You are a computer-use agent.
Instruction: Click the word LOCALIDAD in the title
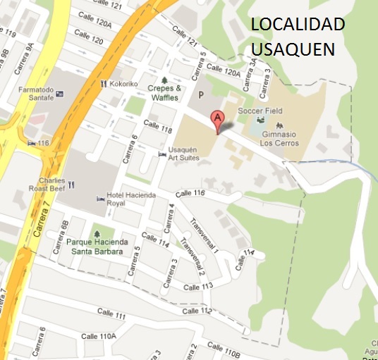click(x=298, y=25)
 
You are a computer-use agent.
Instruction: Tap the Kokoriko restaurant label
click(x=123, y=83)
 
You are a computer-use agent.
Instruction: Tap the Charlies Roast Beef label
click(x=47, y=185)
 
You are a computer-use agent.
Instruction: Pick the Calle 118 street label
click(x=158, y=127)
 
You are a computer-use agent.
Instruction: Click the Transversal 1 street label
click(x=205, y=235)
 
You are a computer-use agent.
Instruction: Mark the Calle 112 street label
click(x=197, y=311)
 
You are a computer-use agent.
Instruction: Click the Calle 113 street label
click(x=198, y=287)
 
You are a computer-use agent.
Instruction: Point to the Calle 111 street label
click(x=111, y=313)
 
